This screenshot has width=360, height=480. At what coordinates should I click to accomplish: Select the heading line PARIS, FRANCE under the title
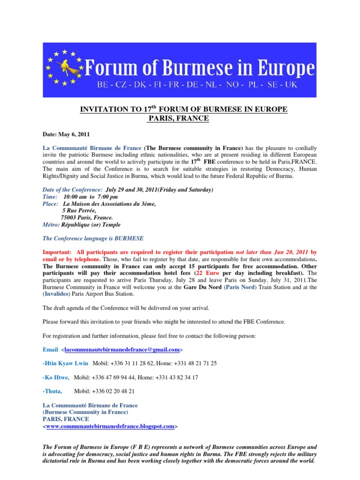point(179,118)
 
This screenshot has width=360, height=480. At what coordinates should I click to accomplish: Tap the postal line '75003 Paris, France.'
point(87,217)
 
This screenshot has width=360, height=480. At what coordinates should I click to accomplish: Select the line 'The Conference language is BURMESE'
point(93,238)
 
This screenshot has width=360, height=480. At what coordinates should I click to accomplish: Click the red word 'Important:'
point(57,252)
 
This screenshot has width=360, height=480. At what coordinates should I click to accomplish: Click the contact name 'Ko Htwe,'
point(57,377)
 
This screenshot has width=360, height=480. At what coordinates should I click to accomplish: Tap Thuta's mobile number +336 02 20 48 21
point(105,391)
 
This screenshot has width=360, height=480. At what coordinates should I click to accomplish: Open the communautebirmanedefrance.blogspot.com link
point(110,427)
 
